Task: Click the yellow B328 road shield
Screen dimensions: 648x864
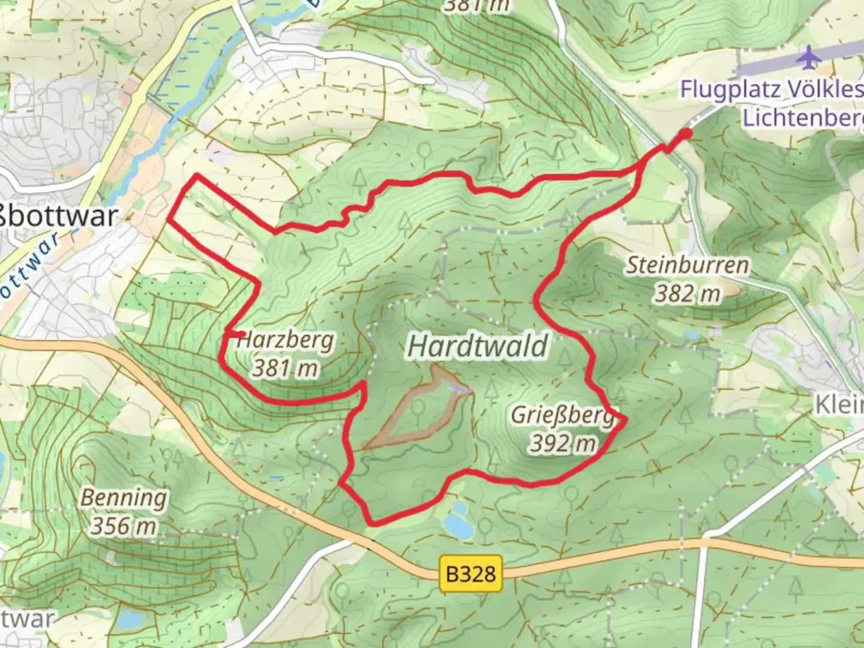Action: pyautogui.click(x=470, y=574)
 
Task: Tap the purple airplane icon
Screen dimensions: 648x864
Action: pyautogui.click(x=809, y=57)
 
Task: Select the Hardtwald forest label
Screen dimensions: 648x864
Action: pyautogui.click(x=478, y=346)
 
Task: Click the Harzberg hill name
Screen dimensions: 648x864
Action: pyautogui.click(x=286, y=340)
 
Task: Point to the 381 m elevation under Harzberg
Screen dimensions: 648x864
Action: pyautogui.click(x=284, y=367)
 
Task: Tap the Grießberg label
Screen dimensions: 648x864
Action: pyautogui.click(x=562, y=415)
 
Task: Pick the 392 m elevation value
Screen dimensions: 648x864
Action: pyautogui.click(x=563, y=443)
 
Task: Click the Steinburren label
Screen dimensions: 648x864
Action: pyautogui.click(x=688, y=265)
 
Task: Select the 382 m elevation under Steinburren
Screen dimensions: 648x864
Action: pyautogui.click(x=688, y=293)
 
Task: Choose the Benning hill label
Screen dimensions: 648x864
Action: pyautogui.click(x=124, y=498)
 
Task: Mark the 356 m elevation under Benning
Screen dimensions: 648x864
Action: pyautogui.click(x=124, y=526)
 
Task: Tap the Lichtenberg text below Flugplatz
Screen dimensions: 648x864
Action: pyautogui.click(x=803, y=118)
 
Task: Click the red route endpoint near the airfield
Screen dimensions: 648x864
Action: pyautogui.click(x=686, y=133)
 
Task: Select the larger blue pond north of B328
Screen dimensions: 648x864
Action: pyautogui.click(x=458, y=527)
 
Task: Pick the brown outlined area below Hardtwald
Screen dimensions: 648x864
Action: pyautogui.click(x=420, y=411)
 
